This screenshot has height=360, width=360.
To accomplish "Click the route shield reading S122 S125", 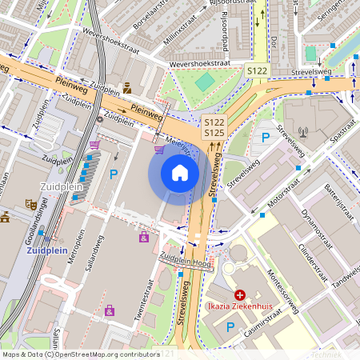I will [214, 127].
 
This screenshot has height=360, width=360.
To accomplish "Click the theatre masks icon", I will [31, 204].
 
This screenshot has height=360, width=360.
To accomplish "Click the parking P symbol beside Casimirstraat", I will [230, 326].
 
